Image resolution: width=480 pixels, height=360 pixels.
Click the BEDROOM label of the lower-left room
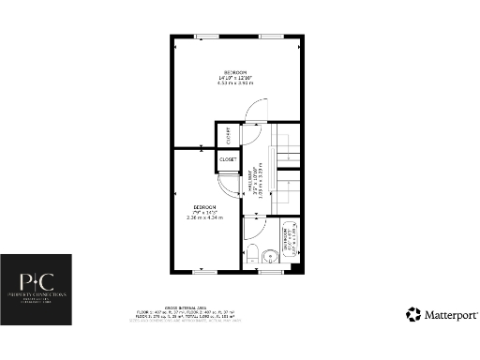pyautogui.click(x=205, y=207)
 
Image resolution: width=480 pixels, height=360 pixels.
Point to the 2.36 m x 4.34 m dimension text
pyautogui.click(x=205, y=218)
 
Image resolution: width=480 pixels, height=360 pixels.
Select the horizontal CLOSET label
pyautogui.click(x=229, y=160)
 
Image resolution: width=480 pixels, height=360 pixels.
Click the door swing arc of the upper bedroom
pyautogui.click(x=251, y=113)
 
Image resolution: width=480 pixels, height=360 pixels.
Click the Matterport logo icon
pyautogui.click(x=412, y=314)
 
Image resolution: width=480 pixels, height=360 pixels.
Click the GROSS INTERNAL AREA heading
pyautogui.click(x=241, y=307)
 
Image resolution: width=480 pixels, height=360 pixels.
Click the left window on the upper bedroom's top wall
pyautogui.click(x=202, y=36)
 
